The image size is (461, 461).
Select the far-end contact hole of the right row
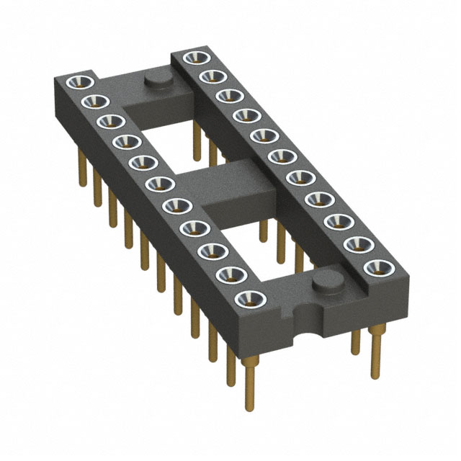[x=192, y=58]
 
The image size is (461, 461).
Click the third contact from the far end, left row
[x=109, y=122]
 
